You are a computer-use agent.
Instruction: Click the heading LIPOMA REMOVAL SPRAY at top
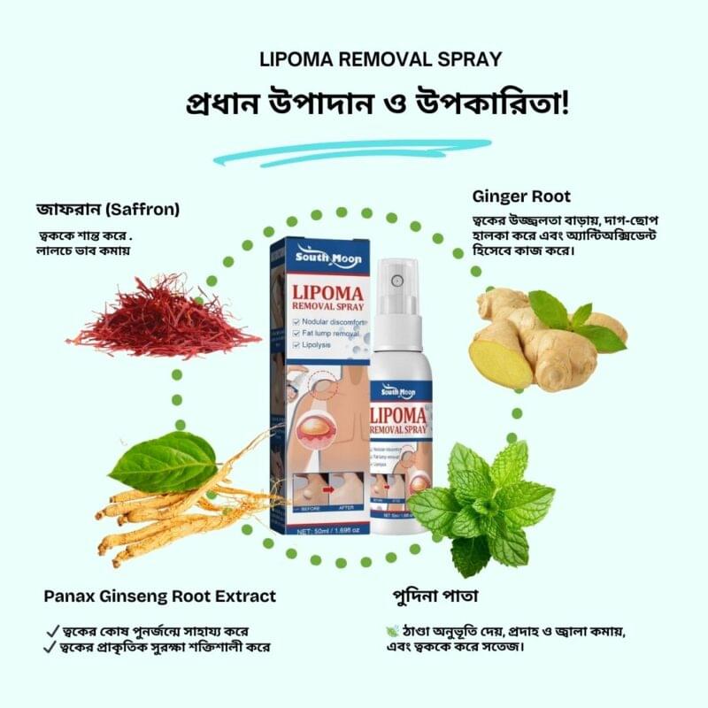tap(381, 60)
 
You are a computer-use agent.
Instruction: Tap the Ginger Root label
tap(521, 196)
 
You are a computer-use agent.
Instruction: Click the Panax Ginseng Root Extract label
tap(160, 596)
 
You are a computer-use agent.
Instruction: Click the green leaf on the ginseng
tap(164, 462)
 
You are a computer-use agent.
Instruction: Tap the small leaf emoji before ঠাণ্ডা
tap(393, 630)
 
